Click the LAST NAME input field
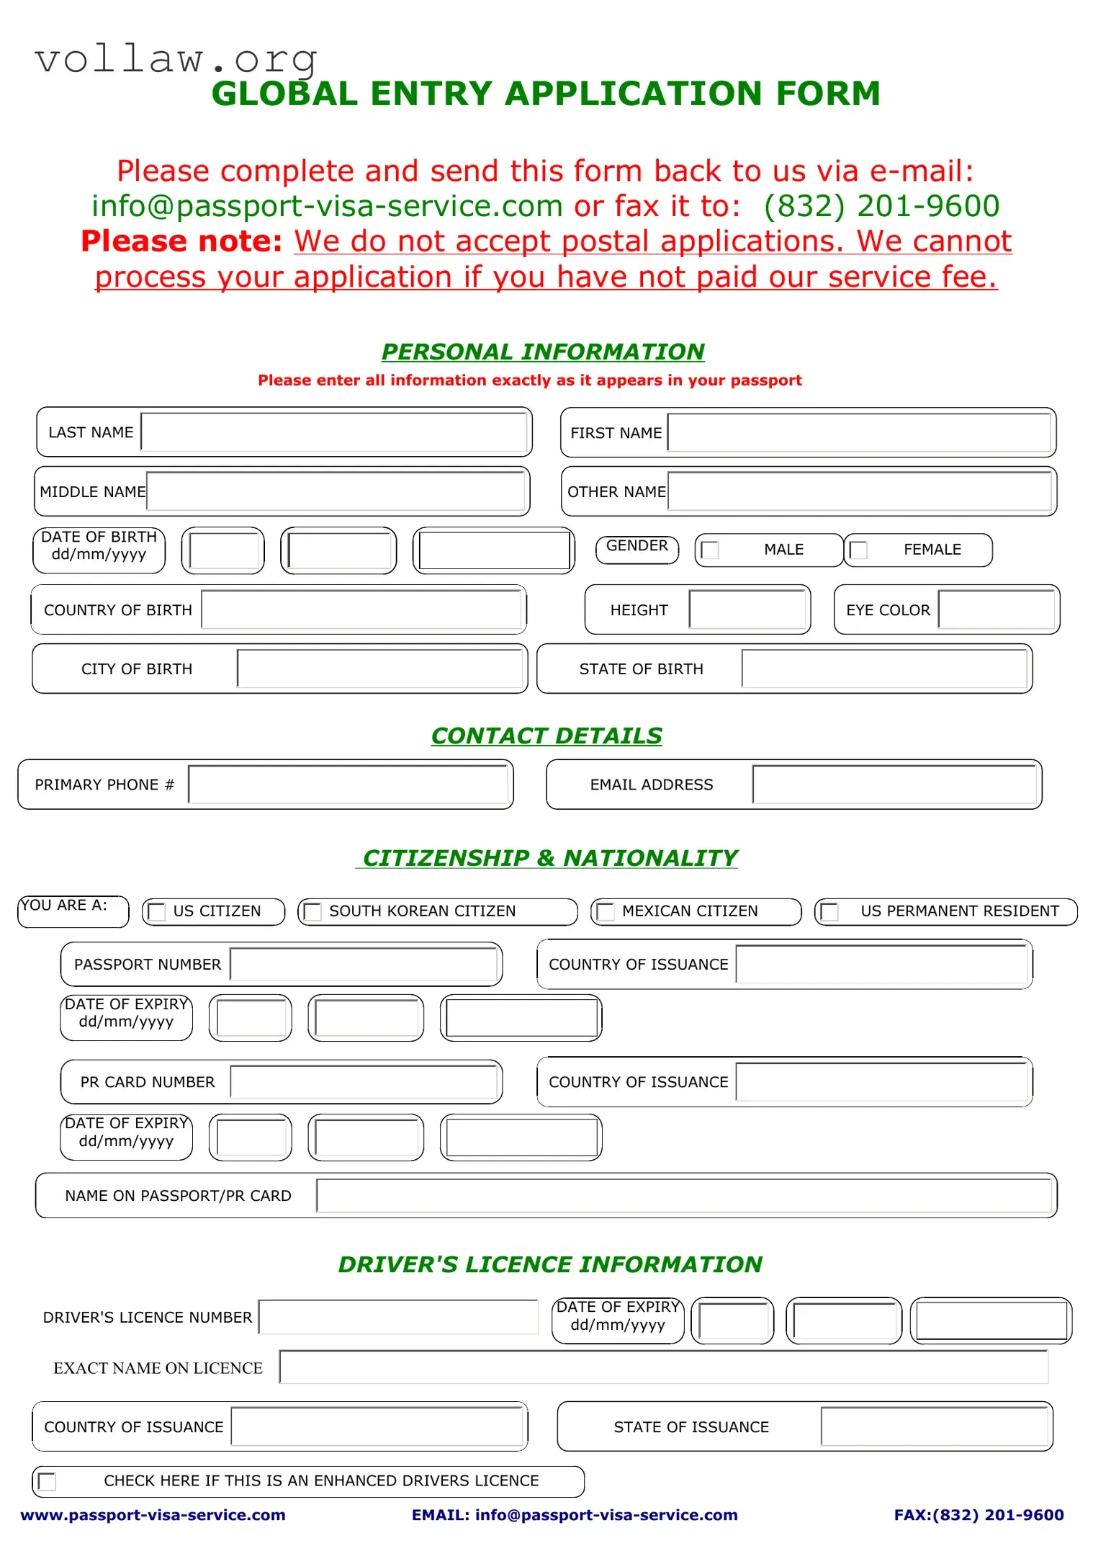335,432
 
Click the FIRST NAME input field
859,432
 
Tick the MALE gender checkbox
710,550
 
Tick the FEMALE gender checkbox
858,550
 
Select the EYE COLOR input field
997,609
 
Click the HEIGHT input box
747,609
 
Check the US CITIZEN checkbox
157,912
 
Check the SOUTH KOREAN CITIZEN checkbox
312,912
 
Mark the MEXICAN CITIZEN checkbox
606,912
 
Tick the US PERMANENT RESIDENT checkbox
830,912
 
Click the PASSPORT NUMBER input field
364,964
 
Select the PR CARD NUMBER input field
364,1082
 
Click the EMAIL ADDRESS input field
894,785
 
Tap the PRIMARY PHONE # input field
348,785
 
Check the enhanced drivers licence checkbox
48,1482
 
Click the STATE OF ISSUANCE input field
935,1427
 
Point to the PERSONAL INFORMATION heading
543,352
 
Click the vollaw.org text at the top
176,59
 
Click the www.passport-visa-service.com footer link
153,1515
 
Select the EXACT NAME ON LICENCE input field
663,1367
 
